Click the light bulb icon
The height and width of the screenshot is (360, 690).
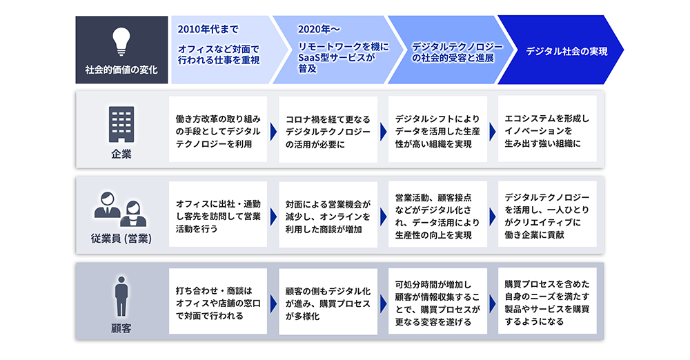click(121, 42)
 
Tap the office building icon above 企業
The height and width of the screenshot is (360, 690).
click(121, 124)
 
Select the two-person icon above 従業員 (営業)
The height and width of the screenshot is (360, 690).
click(121, 209)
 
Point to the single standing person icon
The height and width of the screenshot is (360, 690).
click(121, 296)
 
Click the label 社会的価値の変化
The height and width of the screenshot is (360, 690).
click(121, 70)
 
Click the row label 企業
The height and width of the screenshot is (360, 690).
click(121, 154)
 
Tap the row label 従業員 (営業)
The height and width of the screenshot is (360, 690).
click(121, 239)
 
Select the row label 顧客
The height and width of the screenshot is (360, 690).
click(121, 328)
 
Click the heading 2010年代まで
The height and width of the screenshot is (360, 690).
click(208, 30)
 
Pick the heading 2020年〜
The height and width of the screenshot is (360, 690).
click(319, 30)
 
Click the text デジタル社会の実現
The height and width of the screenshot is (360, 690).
click(566, 51)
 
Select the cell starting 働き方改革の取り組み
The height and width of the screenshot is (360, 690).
click(218, 129)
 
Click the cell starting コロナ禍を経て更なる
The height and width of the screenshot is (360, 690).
click(328, 130)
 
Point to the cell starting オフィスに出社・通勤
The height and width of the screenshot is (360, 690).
click(218, 214)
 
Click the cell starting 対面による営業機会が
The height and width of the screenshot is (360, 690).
click(328, 214)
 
